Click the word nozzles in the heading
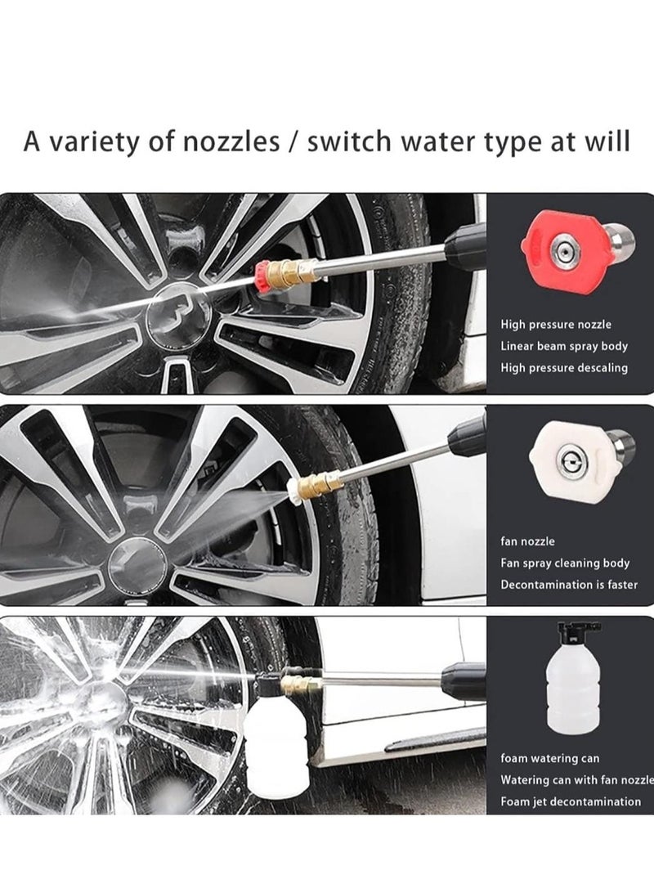pos(231,141)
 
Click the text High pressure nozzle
pos(556,325)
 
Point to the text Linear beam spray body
pos(564,346)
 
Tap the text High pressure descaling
pos(563,368)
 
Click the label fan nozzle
pos(527,541)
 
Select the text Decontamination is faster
pos(569,585)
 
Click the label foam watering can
pos(549,759)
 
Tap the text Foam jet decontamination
pos(571,802)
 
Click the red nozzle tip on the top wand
pos(262,274)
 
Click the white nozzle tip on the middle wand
pos(293,489)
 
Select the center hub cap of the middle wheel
pos(137,563)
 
